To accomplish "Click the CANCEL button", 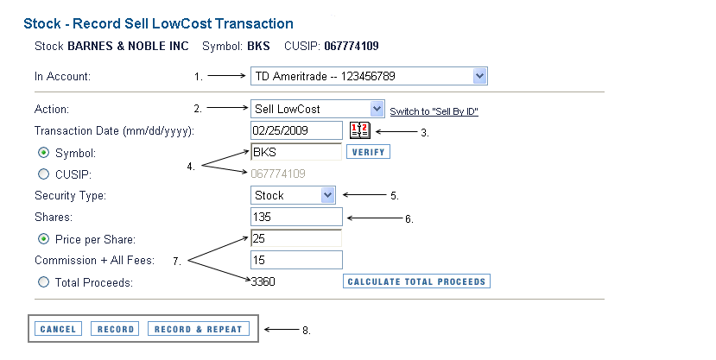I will pyautogui.click(x=59, y=329).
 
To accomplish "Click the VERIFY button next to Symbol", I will pyautogui.click(x=368, y=153).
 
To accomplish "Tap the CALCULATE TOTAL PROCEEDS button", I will pyautogui.click(x=416, y=281).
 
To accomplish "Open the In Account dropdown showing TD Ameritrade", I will pyautogui.click(x=369, y=77).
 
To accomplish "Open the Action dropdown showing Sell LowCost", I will pyautogui.click(x=317, y=110).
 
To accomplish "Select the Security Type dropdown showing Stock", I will pyautogui.click(x=293, y=195).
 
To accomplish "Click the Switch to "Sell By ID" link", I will pyautogui.click(x=434, y=112).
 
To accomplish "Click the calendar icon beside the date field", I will pyautogui.click(x=359, y=130).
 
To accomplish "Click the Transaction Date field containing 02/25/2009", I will pyautogui.click(x=296, y=130).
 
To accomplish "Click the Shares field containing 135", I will pyautogui.click(x=296, y=217).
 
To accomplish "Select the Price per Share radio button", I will pyautogui.click(x=43, y=238).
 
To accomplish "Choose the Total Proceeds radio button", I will pyautogui.click(x=43, y=281).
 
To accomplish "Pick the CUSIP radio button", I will pyautogui.click(x=43, y=174).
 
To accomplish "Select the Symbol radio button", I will pyautogui.click(x=43, y=153).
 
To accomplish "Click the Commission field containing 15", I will pyautogui.click(x=296, y=260).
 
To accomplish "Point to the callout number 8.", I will pyautogui.click(x=306, y=330).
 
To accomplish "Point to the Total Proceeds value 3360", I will pyautogui.click(x=263, y=281).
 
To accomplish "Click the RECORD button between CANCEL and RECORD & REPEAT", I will pyautogui.click(x=116, y=329).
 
